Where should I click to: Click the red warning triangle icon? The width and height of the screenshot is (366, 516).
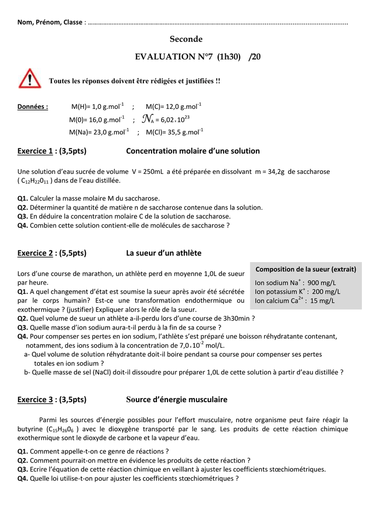coord(30,78)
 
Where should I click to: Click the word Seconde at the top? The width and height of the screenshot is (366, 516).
coord(186,39)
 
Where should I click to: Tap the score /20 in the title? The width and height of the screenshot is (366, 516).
coord(255,57)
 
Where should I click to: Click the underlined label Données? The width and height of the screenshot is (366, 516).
coord(33,107)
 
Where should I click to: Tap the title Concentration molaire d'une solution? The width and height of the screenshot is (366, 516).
coord(192,151)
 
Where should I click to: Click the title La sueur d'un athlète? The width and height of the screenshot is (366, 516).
coord(164,253)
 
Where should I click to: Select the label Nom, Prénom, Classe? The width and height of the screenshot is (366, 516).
coord(50,22)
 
